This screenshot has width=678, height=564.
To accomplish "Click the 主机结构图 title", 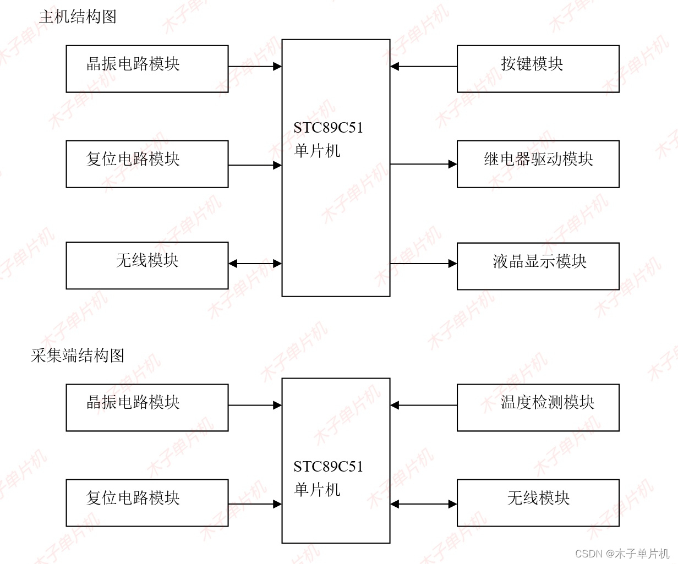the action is click(78, 17).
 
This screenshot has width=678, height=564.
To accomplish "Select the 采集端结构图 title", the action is click(78, 355).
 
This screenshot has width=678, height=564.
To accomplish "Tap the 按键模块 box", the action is click(538, 69).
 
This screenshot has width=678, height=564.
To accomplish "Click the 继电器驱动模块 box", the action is click(538, 164).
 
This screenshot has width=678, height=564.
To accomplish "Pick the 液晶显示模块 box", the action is click(538, 266).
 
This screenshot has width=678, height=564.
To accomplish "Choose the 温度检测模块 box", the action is click(538, 407).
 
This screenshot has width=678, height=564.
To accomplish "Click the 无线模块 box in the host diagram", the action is click(147, 265).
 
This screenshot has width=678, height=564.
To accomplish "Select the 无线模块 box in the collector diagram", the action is click(538, 503).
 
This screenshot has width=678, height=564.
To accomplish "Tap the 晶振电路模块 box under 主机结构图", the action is click(147, 69).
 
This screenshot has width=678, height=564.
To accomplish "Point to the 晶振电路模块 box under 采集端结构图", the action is click(147, 407).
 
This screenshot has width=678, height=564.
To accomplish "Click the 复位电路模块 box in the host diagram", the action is click(147, 164).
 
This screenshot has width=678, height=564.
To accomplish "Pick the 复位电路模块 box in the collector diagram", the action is click(147, 503).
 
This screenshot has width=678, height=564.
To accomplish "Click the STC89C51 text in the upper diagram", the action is click(328, 128).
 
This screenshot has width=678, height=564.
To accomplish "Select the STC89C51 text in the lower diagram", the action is click(328, 467).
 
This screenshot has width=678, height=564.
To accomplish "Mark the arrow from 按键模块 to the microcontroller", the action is click(423, 67).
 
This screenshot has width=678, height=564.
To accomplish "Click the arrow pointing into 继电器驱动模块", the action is click(423, 164).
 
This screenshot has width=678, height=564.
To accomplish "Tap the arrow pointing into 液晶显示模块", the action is click(423, 264).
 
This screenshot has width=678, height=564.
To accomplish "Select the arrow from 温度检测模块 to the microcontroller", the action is click(423, 406).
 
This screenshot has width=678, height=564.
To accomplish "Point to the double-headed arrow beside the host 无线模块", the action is click(255, 264).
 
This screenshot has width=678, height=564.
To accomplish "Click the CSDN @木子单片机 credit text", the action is click(622, 554).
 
